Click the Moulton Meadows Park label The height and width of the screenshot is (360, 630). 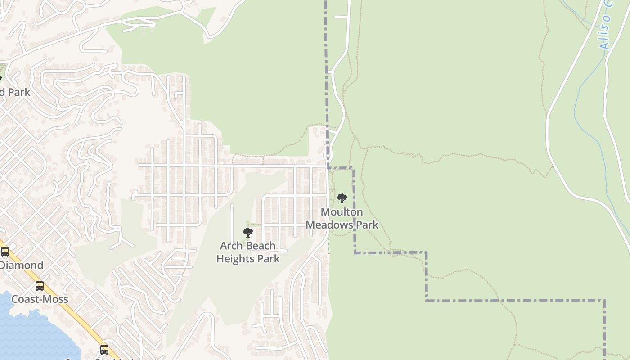[x=342, y=218]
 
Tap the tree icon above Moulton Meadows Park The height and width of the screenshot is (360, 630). [x=342, y=198]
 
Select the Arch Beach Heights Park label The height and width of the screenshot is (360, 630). [x=248, y=252]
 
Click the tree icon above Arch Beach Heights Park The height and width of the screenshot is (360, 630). [x=247, y=233]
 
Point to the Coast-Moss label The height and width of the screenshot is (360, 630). [x=40, y=299]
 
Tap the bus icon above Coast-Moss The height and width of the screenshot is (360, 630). [x=40, y=286]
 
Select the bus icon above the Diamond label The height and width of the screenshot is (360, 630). [x=5, y=252]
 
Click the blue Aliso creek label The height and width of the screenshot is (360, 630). [x=606, y=27]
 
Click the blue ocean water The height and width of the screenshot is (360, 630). [x=27, y=333]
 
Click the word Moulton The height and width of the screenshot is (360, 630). [x=342, y=212]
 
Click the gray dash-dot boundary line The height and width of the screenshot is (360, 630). [x=513, y=300]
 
